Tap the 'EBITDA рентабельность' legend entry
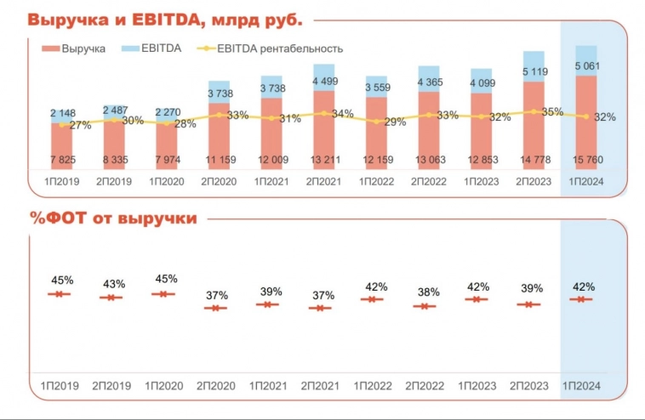tap(280, 48)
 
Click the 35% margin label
tap(552, 111)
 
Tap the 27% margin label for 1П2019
tap(79, 125)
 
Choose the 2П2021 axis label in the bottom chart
tap(320, 386)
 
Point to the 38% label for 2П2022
tap(428, 292)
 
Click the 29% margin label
tap(396, 122)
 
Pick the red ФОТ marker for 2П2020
tap(216, 308)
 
